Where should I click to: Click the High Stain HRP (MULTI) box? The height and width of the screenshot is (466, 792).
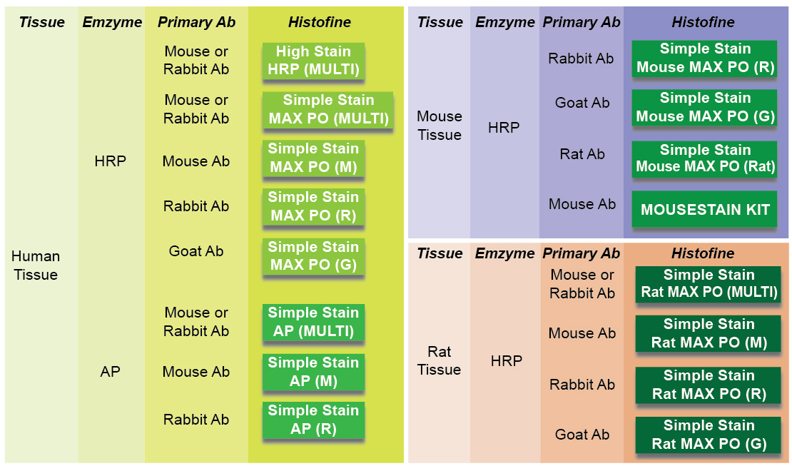(x=313, y=61)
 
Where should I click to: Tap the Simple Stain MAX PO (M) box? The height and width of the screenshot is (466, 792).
(x=313, y=158)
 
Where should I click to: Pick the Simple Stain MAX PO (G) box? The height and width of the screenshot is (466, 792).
(x=313, y=256)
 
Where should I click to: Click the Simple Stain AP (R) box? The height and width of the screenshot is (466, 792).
(x=313, y=420)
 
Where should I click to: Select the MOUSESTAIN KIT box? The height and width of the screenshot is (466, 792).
(x=705, y=209)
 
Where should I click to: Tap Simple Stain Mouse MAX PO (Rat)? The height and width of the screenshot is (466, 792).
(x=705, y=158)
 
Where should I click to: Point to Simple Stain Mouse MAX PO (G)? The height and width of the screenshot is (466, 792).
(x=705, y=107)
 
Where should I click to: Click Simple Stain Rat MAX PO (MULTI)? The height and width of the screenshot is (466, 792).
(x=708, y=284)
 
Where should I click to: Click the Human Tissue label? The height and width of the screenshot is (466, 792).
(x=36, y=265)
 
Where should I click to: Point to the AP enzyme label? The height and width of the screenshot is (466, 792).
(x=110, y=372)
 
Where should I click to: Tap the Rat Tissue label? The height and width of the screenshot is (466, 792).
(x=439, y=360)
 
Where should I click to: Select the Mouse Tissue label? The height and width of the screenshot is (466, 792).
(x=440, y=126)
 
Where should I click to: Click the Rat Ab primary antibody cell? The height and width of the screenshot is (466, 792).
(x=582, y=153)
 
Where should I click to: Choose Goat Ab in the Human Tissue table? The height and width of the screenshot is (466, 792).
(x=196, y=250)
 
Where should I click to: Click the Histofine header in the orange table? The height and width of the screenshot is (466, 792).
(x=703, y=253)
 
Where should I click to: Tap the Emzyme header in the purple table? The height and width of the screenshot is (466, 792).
(x=504, y=21)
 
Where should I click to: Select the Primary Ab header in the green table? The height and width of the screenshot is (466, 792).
(x=196, y=21)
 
